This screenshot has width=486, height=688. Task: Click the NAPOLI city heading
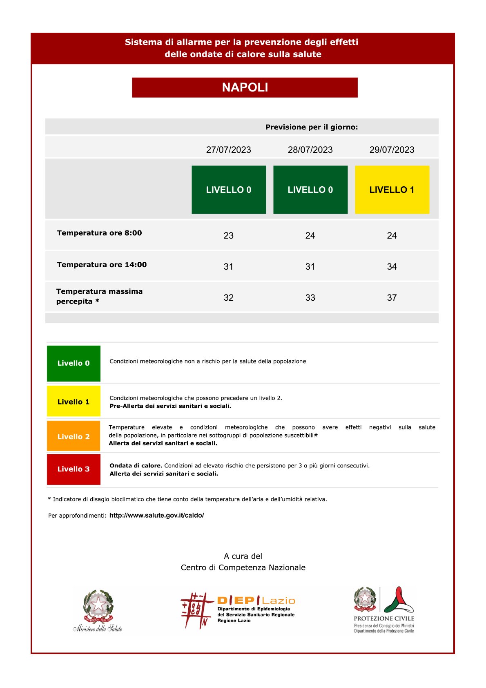pyautogui.click(x=245, y=87)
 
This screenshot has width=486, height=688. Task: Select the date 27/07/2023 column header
pyautogui.click(x=228, y=150)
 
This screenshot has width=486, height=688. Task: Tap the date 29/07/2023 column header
pyautogui.click(x=392, y=150)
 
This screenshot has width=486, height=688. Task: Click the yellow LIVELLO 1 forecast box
pyautogui.click(x=392, y=190)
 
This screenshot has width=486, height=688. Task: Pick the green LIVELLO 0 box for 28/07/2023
pyautogui.click(x=310, y=190)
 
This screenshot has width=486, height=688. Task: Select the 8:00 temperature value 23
pyautogui.click(x=228, y=235)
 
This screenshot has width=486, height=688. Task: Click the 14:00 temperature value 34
pyautogui.click(x=392, y=266)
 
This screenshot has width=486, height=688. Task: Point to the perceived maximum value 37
pyautogui.click(x=392, y=297)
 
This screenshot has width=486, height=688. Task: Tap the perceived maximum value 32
pyautogui.click(x=228, y=297)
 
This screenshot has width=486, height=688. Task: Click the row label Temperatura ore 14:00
pyautogui.click(x=102, y=265)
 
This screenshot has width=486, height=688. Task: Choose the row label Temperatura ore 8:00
pyautogui.click(x=99, y=233)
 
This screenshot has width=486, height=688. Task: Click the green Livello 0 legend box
pyautogui.click(x=74, y=363)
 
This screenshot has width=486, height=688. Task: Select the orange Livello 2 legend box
pyautogui.click(x=74, y=436)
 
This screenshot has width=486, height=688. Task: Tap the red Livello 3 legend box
pyautogui.click(x=74, y=469)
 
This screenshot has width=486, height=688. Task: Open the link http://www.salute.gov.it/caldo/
pyautogui.click(x=156, y=515)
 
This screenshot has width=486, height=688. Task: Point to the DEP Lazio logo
pyautogui.click(x=238, y=610)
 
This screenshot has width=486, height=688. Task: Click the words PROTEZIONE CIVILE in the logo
pyautogui.click(x=383, y=618)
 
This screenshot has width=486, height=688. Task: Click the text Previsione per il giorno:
pyautogui.click(x=311, y=127)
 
